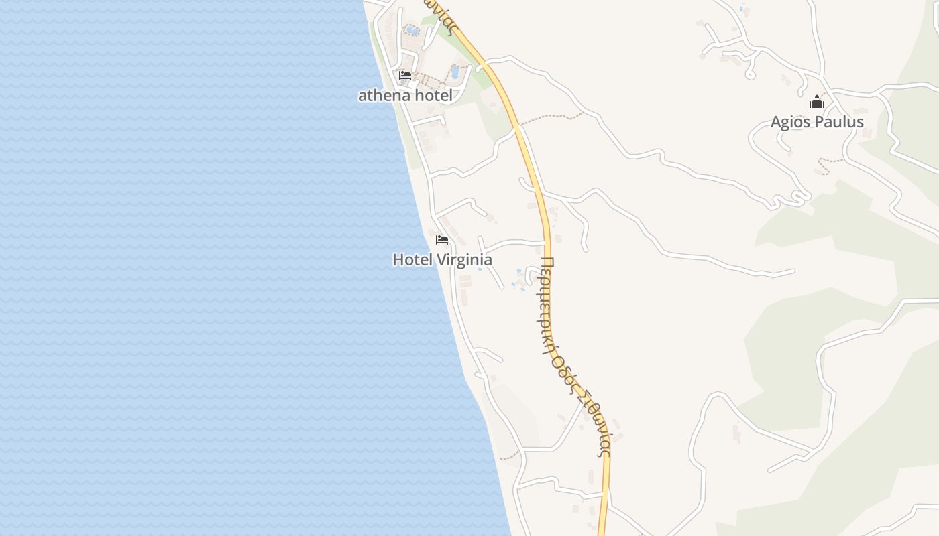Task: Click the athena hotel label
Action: [x=405, y=95]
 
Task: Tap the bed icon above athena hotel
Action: [x=405, y=76]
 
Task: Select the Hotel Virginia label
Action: [x=442, y=259]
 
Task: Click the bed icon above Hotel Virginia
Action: [x=442, y=239]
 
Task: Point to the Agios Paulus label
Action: [x=817, y=122]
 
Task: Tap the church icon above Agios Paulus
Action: [x=816, y=103]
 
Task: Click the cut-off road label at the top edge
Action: [x=443, y=15]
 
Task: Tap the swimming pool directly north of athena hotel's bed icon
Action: [x=412, y=30]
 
